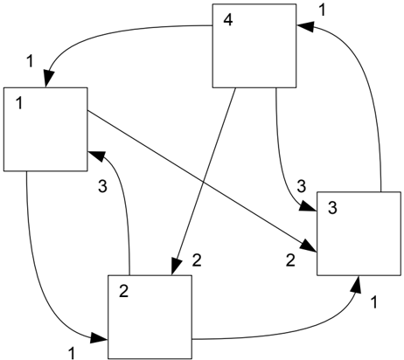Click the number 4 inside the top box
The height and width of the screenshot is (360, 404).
[x=228, y=20]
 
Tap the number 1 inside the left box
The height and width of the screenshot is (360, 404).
[x=19, y=103]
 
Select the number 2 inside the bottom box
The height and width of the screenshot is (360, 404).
[x=124, y=291]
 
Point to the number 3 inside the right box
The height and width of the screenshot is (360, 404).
[x=332, y=208]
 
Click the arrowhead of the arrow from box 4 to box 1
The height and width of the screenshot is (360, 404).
[x=49, y=79]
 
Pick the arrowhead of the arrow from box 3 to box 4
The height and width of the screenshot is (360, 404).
[x=305, y=26]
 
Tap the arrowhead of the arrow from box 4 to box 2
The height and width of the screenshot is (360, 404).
[x=176, y=267]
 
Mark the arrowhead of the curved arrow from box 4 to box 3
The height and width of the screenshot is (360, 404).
[x=309, y=207]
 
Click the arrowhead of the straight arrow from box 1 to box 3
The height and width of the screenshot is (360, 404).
[x=310, y=246]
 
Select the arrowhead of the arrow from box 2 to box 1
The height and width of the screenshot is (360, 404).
[x=96, y=156]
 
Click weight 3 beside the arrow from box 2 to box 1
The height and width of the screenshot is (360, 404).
[x=102, y=186]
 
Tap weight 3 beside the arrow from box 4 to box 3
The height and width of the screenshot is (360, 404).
[x=302, y=186]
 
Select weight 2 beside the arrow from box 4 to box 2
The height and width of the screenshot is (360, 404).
[x=197, y=260]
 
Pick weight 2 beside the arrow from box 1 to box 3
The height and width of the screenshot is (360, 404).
[x=290, y=260]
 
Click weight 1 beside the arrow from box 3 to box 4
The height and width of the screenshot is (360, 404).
[x=322, y=10]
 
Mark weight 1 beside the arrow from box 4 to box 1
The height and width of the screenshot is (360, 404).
[x=30, y=61]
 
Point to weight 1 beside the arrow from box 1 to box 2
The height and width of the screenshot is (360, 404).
[x=72, y=354]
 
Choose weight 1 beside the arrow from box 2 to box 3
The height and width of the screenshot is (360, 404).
[x=374, y=302]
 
